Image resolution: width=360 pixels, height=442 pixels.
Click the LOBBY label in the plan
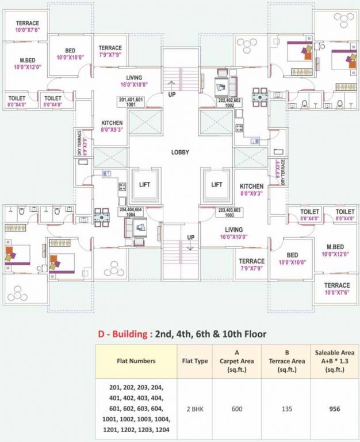click(x=179, y=153)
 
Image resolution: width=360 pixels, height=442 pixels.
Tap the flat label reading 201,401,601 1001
click(x=131, y=102)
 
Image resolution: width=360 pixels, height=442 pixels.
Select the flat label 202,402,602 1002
click(x=229, y=102)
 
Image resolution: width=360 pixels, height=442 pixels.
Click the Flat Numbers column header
click(x=136, y=361)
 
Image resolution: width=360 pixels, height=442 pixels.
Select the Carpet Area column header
click(x=236, y=361)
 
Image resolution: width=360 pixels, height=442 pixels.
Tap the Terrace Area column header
click(x=286, y=361)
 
